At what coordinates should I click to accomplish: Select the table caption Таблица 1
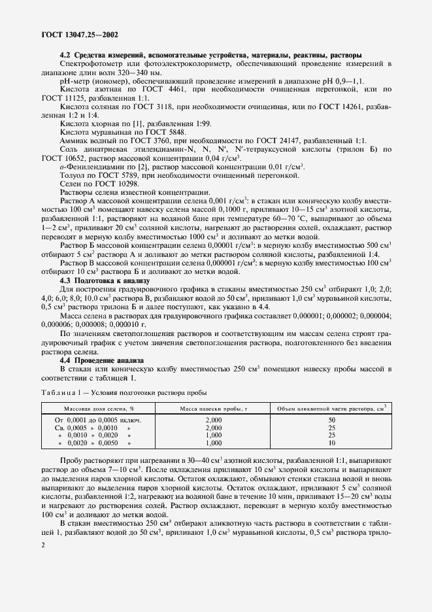(63, 393)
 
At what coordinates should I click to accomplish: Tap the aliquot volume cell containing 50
(331, 419)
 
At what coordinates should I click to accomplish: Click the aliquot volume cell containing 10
(331, 443)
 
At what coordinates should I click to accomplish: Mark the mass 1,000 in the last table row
(213, 443)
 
